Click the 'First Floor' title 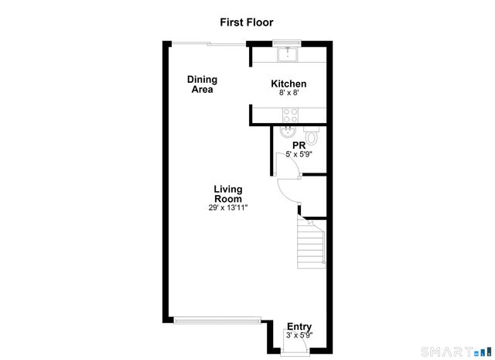tap(247, 23)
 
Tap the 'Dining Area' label tap(202, 84)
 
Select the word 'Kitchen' tap(288, 84)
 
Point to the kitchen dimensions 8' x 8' tap(288, 93)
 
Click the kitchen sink tap(288, 53)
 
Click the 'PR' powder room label tap(299, 145)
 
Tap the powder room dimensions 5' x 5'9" tap(299, 154)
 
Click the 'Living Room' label tap(228, 194)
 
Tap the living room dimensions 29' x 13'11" tap(228, 207)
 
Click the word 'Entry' tap(299, 327)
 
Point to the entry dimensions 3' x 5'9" tap(299, 336)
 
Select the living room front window tap(217, 318)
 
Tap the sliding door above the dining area tap(206, 43)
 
